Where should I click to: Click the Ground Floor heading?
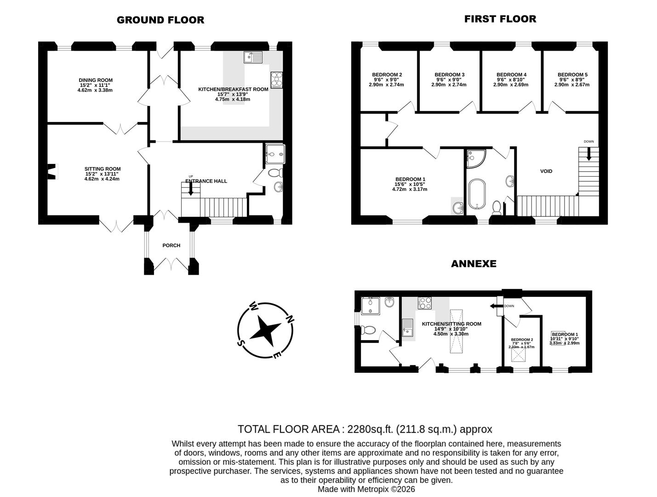160,20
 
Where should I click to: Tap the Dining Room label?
96,80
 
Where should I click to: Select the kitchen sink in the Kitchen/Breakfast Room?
253,57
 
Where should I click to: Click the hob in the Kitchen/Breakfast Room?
277,80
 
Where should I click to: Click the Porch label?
171,245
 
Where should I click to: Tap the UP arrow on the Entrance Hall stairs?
190,188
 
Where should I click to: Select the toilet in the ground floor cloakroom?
275,173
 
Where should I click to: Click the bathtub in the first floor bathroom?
477,194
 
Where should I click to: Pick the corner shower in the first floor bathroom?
475,158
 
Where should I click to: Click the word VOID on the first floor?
546,171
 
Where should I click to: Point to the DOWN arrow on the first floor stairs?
588,154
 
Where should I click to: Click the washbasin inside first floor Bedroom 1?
457,207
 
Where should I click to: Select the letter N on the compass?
290,320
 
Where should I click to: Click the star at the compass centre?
265,330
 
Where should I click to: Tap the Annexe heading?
474,264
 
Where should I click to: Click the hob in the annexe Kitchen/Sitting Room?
425,303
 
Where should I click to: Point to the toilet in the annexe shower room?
368,330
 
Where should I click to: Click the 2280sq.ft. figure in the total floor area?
370,429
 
